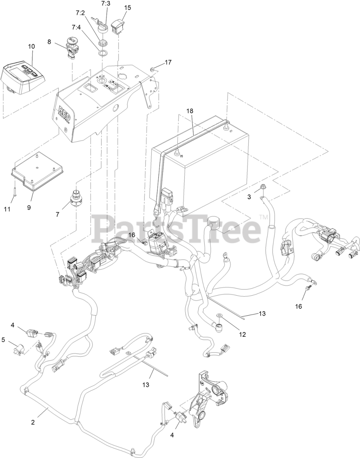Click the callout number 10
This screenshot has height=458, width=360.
click(31, 47)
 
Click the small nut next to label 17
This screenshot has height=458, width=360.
click(152, 68)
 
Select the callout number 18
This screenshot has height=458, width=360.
click(189, 111)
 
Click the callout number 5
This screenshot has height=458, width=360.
click(3, 340)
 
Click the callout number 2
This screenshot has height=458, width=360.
click(33, 422)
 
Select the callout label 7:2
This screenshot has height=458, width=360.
click(81, 13)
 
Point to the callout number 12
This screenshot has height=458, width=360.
click(243, 335)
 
